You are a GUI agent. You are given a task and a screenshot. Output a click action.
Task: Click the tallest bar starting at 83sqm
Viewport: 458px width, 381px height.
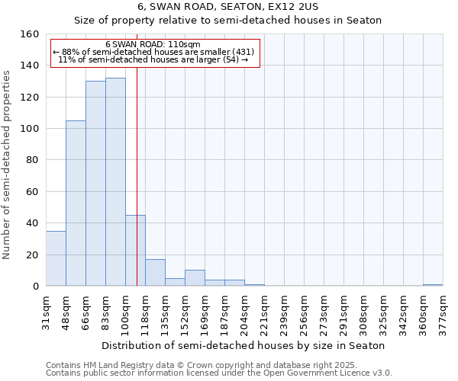point(115,182)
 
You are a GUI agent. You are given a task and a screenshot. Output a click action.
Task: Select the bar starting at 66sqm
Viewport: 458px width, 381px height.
point(95,184)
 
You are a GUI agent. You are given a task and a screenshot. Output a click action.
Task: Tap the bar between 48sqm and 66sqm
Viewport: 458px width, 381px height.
point(76,203)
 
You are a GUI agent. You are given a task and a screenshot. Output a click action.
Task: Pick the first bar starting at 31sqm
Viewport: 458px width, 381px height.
point(56,258)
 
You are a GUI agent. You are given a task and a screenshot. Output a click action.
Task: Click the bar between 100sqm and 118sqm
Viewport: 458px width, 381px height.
point(135,251)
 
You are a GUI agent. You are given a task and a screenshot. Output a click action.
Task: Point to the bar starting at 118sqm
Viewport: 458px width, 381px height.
point(155,273)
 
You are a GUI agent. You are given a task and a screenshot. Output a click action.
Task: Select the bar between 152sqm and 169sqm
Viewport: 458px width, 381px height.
point(195,278)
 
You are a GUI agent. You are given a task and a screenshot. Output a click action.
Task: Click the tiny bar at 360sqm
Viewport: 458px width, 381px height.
point(433,285)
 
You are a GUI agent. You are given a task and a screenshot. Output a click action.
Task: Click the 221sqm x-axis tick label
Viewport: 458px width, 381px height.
point(264,312)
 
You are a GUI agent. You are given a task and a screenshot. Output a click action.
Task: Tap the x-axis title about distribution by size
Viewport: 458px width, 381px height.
point(244,345)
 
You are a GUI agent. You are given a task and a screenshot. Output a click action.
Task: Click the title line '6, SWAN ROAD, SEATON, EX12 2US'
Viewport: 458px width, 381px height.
point(228,6)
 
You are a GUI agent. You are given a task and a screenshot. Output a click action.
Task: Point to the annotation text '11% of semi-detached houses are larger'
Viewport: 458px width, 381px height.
point(153,59)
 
